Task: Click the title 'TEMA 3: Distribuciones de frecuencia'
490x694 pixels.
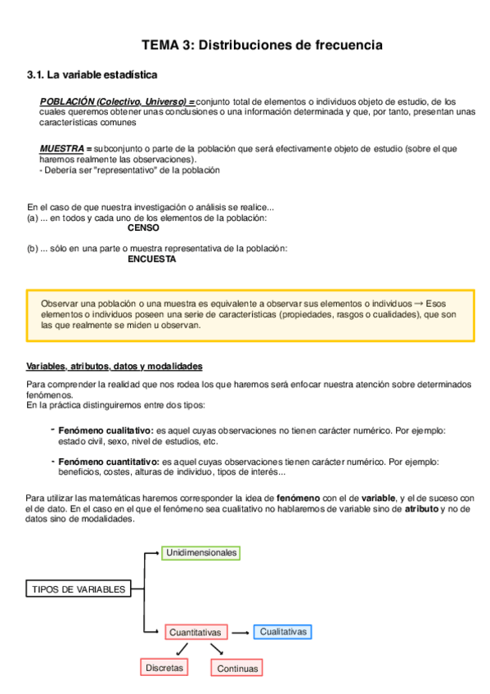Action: point(262,45)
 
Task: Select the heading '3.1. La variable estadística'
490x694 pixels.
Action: point(92,74)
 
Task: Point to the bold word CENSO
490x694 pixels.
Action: point(143,228)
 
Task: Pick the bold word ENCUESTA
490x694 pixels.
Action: point(152,259)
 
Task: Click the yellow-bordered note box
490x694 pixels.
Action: point(250,314)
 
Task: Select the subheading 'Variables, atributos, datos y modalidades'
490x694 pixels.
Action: point(115,366)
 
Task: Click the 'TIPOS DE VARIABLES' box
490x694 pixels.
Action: point(79,589)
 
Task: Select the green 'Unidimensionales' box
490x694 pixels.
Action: point(201,552)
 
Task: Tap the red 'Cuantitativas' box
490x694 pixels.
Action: point(195,633)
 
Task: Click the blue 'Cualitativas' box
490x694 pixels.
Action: point(283,632)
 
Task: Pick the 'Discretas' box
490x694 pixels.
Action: point(165,668)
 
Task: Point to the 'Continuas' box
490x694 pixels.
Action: point(238,669)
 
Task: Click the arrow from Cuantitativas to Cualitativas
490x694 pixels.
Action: point(240,633)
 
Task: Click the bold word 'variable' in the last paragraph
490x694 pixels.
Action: point(376,498)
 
